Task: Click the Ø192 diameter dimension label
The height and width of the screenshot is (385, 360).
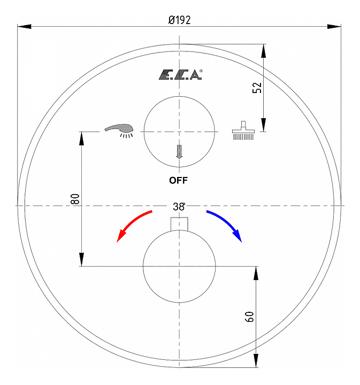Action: click(x=179, y=20)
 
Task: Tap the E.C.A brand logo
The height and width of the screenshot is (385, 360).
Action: click(x=179, y=75)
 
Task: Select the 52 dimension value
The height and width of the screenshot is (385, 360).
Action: click(x=257, y=88)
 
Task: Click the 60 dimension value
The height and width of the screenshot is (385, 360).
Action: click(x=249, y=317)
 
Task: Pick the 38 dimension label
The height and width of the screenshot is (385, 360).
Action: click(x=179, y=206)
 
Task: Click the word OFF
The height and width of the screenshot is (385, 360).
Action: click(x=179, y=180)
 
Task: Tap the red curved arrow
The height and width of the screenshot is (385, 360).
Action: click(x=134, y=225)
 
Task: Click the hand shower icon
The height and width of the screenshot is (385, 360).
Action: click(x=120, y=130)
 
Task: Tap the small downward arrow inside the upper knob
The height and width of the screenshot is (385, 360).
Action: click(x=179, y=151)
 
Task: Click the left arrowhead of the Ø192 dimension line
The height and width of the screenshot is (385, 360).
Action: click(x=22, y=26)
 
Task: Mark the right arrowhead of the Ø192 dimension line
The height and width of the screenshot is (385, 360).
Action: click(x=336, y=26)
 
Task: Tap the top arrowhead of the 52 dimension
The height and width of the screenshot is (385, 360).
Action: click(x=263, y=49)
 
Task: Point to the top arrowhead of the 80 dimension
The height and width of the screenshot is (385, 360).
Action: click(x=81, y=137)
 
